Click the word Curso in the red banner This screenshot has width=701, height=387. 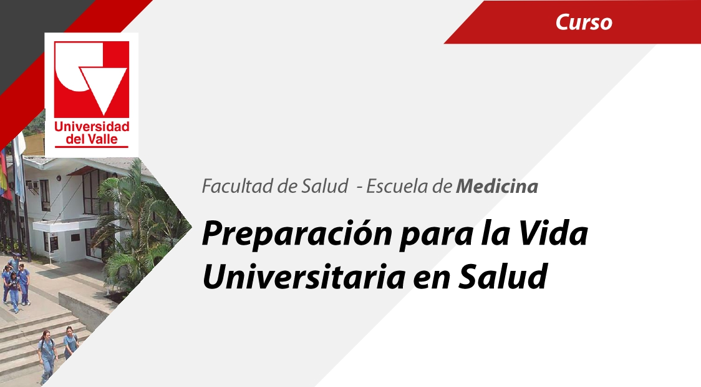(x=584, y=22)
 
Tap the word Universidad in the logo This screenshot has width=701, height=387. (x=92, y=127)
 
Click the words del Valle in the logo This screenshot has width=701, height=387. (x=92, y=139)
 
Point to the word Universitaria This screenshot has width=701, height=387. (x=304, y=277)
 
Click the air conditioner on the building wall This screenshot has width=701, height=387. (x=32, y=185)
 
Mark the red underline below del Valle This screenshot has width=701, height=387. (x=92, y=147)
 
